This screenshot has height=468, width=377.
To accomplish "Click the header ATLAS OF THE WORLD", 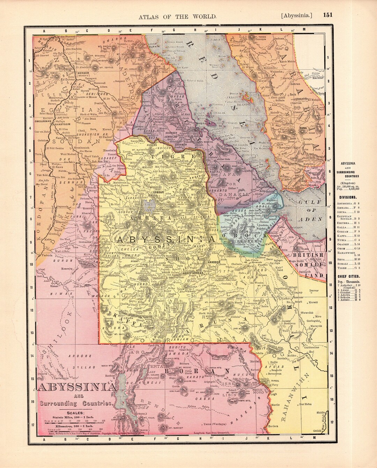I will [178, 16].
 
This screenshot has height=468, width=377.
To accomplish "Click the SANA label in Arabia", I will [302, 129].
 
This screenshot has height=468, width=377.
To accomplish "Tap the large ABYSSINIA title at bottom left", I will [76, 388].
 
